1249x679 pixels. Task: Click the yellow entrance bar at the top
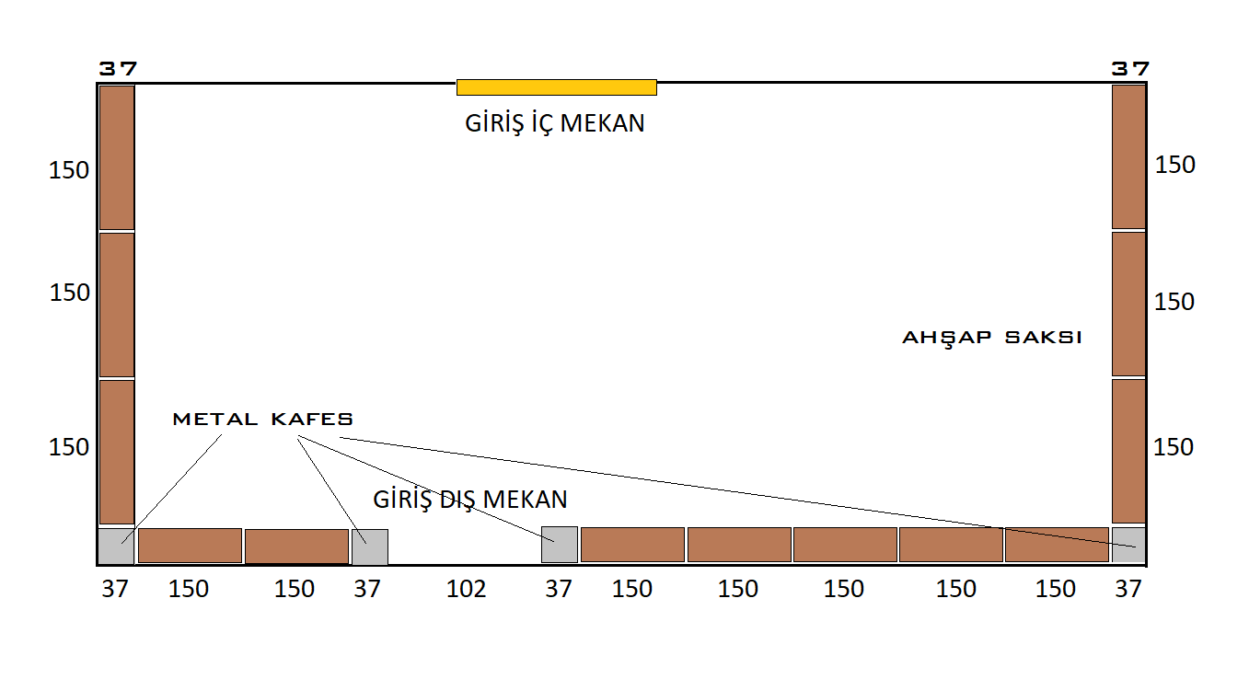click(556, 87)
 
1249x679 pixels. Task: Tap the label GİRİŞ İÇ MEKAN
click(555, 123)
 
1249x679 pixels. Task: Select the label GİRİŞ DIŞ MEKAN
click(470, 500)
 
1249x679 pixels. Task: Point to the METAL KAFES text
click(263, 420)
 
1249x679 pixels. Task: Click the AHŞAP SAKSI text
click(991, 338)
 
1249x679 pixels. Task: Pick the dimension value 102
click(466, 589)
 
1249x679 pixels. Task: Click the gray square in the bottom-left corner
click(116, 546)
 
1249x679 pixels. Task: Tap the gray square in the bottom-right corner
click(1128, 545)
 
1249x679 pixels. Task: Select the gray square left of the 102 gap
click(369, 547)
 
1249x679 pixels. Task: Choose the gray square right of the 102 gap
click(560, 545)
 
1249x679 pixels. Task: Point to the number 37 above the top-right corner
click(1129, 69)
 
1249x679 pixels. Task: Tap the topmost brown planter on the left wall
click(117, 156)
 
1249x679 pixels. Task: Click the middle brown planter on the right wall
click(1128, 304)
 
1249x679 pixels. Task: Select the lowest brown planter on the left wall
click(117, 452)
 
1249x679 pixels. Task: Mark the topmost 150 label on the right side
click(1174, 165)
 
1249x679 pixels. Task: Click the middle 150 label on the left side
click(70, 293)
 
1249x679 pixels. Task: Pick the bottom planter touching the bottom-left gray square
click(190, 546)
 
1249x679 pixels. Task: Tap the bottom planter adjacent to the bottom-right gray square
click(1057, 545)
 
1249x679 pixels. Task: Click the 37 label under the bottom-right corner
click(1128, 589)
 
